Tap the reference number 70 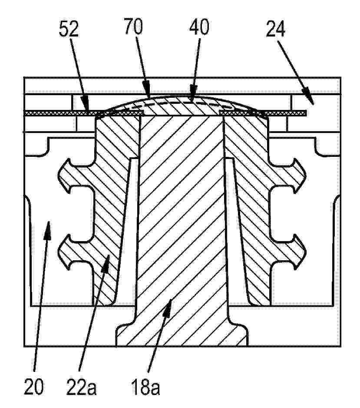pos(133,26)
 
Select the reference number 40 pos(199,27)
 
